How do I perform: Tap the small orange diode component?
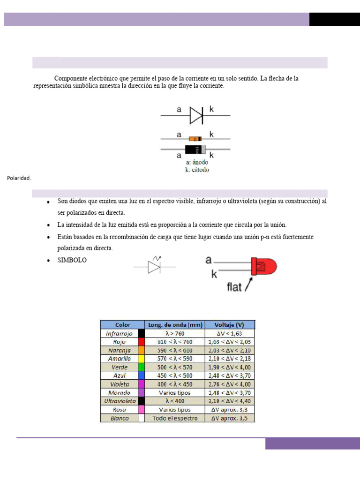[x=195, y=139]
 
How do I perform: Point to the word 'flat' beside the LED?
[x=234, y=286]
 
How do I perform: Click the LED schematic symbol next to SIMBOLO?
[x=154, y=266]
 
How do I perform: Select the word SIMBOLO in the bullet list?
[x=72, y=260]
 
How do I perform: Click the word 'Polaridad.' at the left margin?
[x=19, y=178]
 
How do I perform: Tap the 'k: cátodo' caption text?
[x=197, y=170]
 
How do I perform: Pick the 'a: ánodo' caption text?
[x=197, y=162]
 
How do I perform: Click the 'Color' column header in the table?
[x=122, y=325]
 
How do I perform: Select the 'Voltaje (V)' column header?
[x=230, y=325]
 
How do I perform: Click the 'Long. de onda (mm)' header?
[x=175, y=325]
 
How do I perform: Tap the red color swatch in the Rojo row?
[x=141, y=342]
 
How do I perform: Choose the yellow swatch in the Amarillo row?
[x=141, y=359]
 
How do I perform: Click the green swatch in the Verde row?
[x=141, y=367]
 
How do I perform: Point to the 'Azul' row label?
[x=119, y=375]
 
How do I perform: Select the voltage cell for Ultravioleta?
[x=230, y=401]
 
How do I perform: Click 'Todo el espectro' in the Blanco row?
[x=175, y=418]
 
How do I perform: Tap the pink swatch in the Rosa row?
[x=141, y=410]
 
